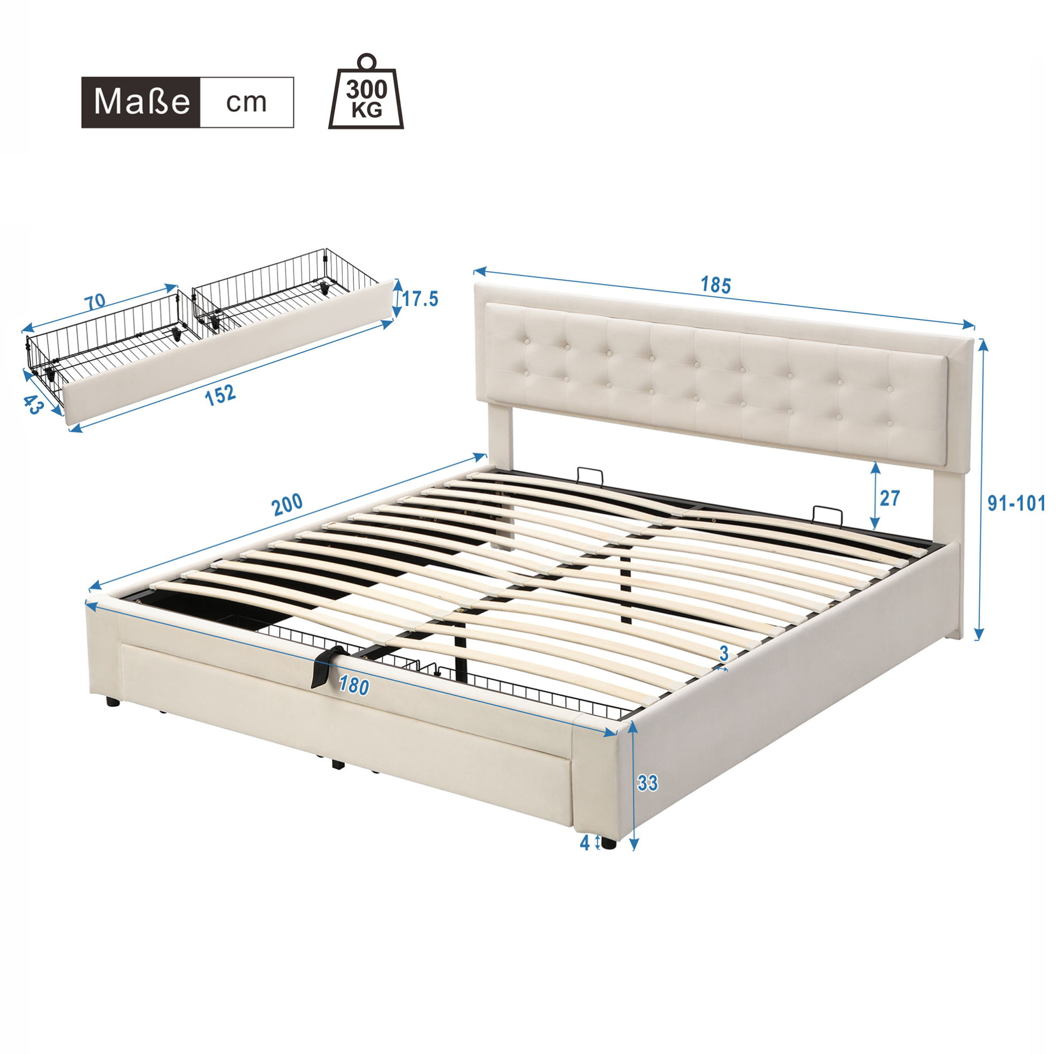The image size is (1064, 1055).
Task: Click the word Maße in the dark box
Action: [x=142, y=102]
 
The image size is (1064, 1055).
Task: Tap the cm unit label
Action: [x=246, y=102]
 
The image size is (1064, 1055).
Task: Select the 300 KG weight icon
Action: [x=366, y=92]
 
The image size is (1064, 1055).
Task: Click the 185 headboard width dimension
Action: [x=715, y=285]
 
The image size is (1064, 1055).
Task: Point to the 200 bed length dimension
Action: [x=287, y=504]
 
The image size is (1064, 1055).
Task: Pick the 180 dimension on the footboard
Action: [x=353, y=686]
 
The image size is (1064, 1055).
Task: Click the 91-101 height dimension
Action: [x=1016, y=503]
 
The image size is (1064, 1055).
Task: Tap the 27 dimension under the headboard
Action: [x=889, y=498]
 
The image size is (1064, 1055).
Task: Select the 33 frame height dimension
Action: [x=647, y=782]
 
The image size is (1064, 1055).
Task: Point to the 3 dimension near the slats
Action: [x=723, y=653]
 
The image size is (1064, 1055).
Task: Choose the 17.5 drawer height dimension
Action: [x=420, y=299]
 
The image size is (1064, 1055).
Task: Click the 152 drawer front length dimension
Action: [x=220, y=395]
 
